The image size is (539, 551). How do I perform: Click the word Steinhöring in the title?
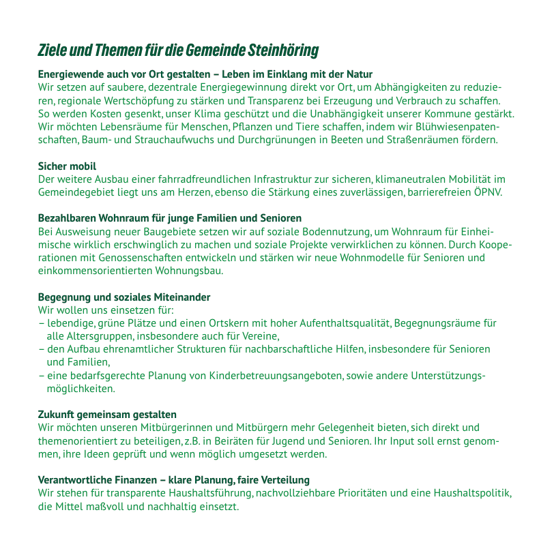tap(282, 51)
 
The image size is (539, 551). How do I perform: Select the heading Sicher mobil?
tap(67, 166)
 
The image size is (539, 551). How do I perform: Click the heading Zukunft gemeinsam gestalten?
tap(107, 415)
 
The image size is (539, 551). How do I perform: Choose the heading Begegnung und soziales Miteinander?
tap(123, 297)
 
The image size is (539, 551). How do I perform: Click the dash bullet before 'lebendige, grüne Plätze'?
tap(41, 323)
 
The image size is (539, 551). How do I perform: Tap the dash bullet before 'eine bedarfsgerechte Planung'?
tap(41, 376)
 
